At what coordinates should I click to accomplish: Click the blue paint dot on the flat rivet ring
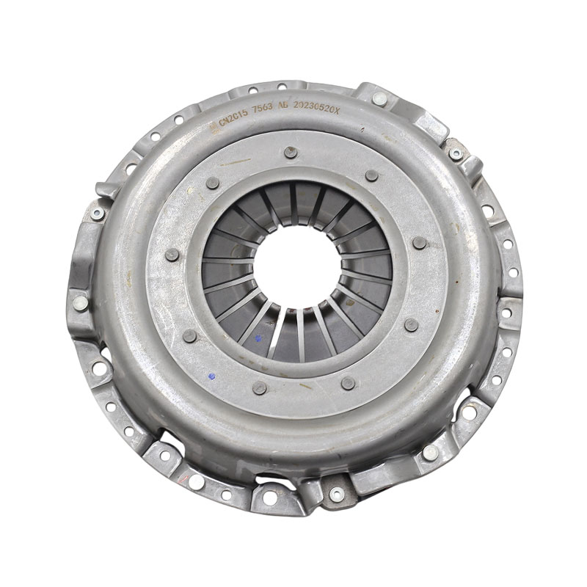[x=212, y=376]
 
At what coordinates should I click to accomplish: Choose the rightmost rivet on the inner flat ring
[x=419, y=243]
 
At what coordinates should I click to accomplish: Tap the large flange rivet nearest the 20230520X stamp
[x=379, y=98]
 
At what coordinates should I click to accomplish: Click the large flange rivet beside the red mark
[x=196, y=481]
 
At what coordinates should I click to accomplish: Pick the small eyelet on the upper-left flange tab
[x=97, y=214]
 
